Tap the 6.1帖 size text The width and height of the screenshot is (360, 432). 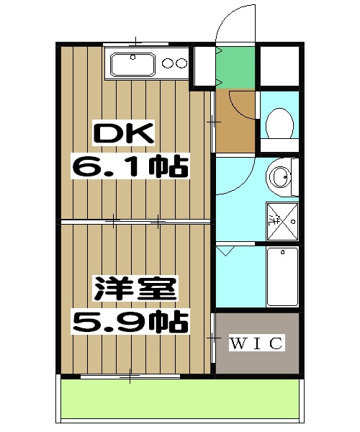(x=130, y=167)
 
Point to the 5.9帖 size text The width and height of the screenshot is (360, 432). (x=130, y=320)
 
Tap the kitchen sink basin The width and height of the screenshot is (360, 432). (x=130, y=65)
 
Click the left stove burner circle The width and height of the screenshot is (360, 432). (x=169, y=63)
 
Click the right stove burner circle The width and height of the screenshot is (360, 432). (x=181, y=63)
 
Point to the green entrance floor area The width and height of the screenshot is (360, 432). (x=235, y=66)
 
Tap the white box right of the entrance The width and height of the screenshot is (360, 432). (x=279, y=66)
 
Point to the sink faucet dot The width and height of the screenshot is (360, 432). (x=134, y=56)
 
